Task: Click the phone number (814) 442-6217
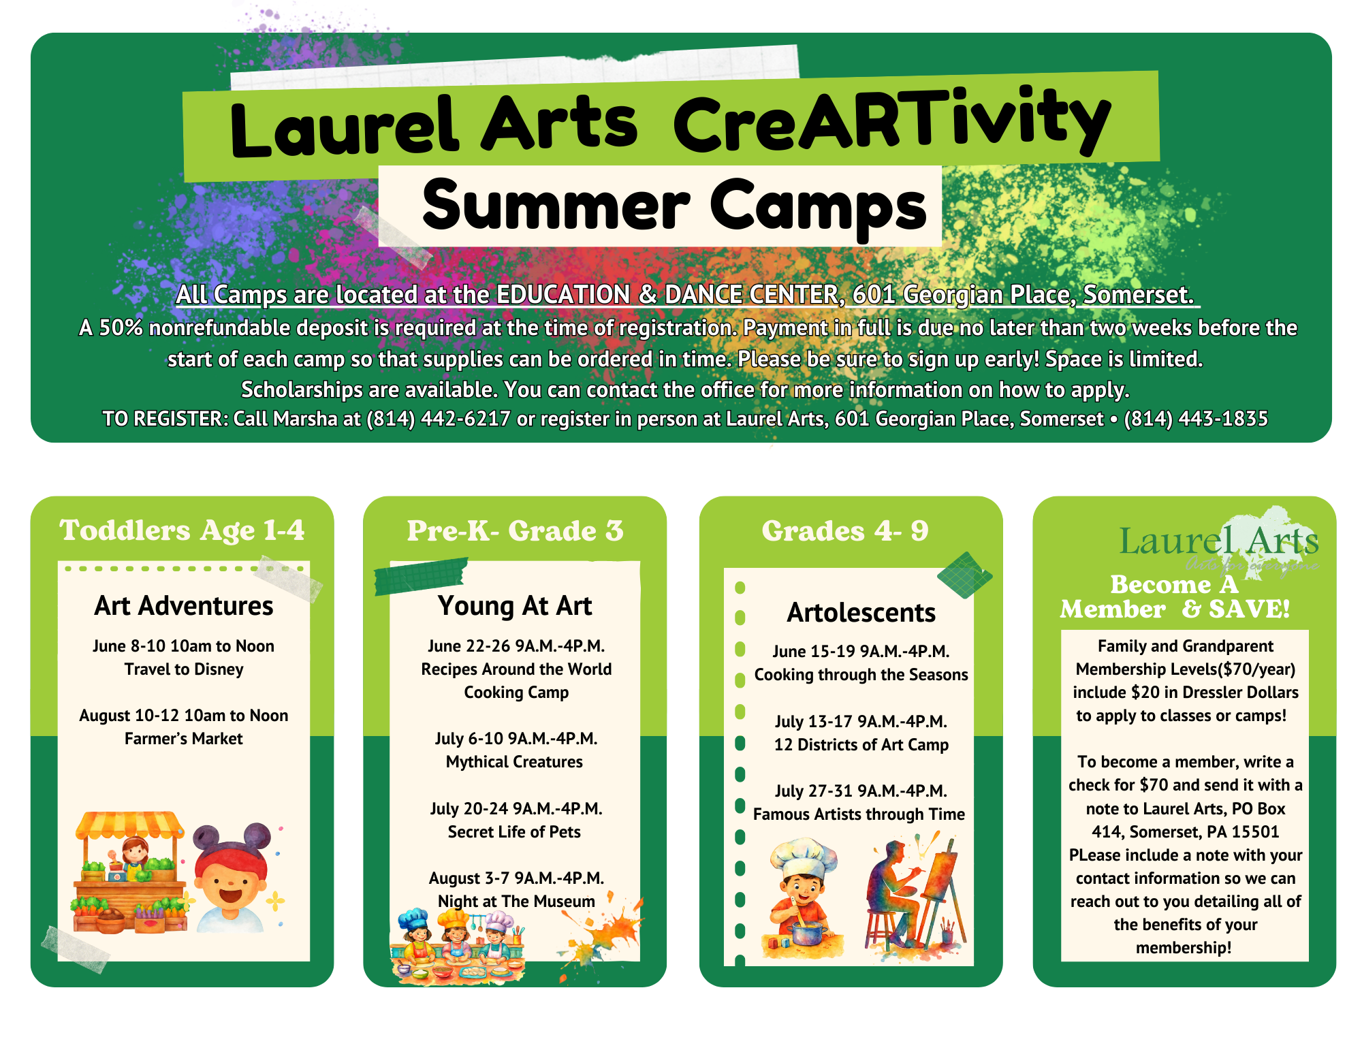tap(439, 419)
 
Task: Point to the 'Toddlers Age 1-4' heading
tap(182, 530)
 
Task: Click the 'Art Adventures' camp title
tap(184, 605)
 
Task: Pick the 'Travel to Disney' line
tap(184, 669)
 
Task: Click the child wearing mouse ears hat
tap(232, 878)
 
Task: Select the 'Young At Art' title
tap(515, 606)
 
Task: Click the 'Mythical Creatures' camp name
tap(514, 762)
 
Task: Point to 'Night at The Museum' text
tap(516, 902)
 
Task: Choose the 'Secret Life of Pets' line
tap(514, 832)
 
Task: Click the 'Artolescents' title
tap(861, 613)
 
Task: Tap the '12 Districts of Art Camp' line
tap(861, 745)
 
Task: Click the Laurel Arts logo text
tap(1219, 542)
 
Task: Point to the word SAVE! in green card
tap(1250, 609)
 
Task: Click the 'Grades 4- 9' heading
tap(845, 531)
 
